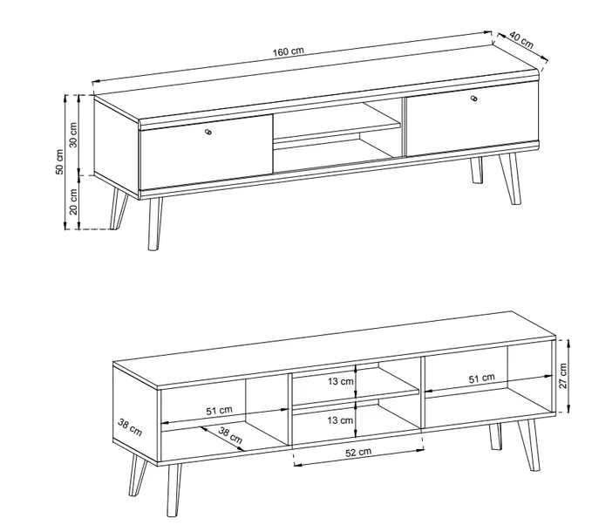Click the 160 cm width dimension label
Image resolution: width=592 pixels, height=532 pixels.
[x=288, y=51]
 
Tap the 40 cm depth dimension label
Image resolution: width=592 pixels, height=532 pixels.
[x=521, y=40]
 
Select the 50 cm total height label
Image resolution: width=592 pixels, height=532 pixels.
[x=59, y=162]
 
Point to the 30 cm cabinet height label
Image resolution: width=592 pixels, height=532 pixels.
[x=73, y=135]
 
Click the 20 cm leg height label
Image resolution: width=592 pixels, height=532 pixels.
[x=73, y=201]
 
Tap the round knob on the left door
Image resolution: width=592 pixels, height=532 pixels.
[x=208, y=132]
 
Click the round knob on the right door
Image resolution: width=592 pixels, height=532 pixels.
[x=473, y=99]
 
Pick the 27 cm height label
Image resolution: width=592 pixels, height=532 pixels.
[x=563, y=376]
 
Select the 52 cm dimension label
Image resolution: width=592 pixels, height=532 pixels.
[x=358, y=452]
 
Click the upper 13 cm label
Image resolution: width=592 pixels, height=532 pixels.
[x=341, y=381]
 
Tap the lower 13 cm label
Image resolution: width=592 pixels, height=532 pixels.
[x=341, y=420]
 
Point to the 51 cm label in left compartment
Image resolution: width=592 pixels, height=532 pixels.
[x=219, y=411]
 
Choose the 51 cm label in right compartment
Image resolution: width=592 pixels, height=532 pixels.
[x=482, y=378]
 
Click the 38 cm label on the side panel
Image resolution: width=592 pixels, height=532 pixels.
[x=130, y=427]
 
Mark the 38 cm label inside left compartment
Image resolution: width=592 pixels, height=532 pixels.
[x=230, y=435]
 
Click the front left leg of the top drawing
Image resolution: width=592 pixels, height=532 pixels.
[x=155, y=223]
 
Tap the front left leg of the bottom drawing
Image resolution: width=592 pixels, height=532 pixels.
[x=174, y=489]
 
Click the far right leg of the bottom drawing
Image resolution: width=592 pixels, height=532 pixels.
[x=529, y=445]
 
